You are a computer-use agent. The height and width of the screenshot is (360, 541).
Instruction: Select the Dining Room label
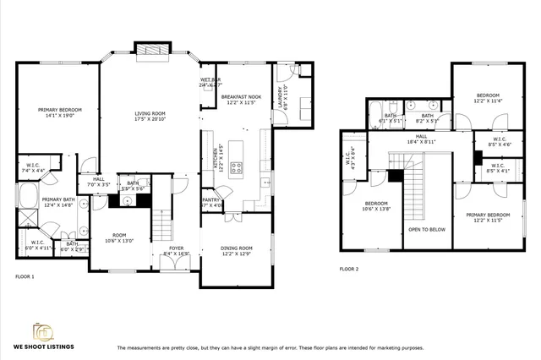point(237,248)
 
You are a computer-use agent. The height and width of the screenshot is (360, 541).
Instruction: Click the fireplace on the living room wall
point(148,50)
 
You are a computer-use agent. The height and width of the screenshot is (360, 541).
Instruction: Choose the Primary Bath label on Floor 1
point(41,199)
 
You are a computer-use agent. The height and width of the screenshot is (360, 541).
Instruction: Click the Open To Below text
point(427,229)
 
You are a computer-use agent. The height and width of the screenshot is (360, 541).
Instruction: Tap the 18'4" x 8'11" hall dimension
point(419,142)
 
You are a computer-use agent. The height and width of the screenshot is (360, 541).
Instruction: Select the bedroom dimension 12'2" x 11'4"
point(488,101)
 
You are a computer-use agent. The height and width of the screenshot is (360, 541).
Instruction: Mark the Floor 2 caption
point(349,269)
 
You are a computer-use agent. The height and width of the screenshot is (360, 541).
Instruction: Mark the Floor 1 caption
point(25,276)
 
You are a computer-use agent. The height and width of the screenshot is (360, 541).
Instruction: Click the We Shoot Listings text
point(43,347)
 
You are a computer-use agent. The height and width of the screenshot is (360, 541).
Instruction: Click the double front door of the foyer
point(175,263)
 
